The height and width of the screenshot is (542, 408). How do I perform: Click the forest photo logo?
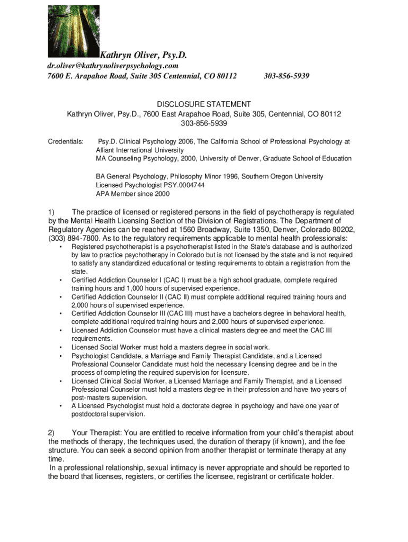[x=74, y=31]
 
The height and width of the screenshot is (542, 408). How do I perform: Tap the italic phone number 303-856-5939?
[x=286, y=76]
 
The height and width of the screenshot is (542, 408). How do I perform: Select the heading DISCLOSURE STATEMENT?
[x=203, y=104]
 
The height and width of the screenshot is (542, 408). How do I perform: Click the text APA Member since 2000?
[x=132, y=194]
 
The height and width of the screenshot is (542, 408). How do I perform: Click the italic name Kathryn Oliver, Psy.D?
[x=144, y=55]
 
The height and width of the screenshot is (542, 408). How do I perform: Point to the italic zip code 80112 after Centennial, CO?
[x=225, y=76]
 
